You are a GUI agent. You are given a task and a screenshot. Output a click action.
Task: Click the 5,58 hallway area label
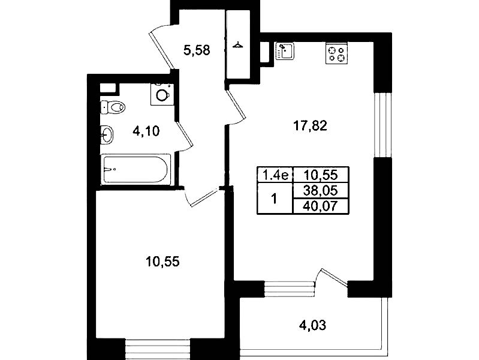pos(197,50)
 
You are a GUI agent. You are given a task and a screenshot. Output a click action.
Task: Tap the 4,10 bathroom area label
pos(146,131)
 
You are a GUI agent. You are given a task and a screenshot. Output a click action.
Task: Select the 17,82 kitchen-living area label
pos(310,126)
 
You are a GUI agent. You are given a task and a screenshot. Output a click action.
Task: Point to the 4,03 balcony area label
pos(312,325)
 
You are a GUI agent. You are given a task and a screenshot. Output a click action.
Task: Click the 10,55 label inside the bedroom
pos(162,262)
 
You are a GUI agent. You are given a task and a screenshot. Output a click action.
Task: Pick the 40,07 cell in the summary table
pos(321,206)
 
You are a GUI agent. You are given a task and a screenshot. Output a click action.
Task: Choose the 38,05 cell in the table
pos(321,191)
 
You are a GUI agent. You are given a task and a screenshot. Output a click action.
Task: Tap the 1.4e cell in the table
pos(275,175)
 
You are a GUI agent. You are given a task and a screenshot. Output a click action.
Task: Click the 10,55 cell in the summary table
pos(321,175)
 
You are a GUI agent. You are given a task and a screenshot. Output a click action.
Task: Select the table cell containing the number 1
pos(275,199)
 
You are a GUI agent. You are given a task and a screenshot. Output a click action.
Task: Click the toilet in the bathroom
pos(113,107)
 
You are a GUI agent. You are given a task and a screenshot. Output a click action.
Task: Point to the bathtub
pos(135,169)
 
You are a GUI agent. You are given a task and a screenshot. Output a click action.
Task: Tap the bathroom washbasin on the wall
pos(107,134)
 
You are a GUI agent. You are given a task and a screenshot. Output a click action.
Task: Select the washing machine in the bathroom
pos(162,94)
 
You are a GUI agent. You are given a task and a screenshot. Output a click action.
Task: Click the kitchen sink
pos(285,51)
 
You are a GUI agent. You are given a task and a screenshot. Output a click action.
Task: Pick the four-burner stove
pos(337,54)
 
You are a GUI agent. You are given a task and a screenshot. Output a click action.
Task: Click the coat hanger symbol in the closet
pos(237,46)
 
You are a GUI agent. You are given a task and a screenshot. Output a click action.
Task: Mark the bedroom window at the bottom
pos(158,349)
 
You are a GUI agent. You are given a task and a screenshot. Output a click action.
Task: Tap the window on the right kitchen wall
pos(382,124)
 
